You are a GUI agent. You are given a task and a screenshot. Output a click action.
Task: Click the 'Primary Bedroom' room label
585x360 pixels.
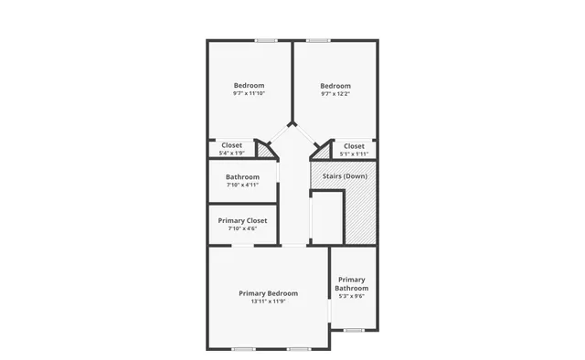point(269,293)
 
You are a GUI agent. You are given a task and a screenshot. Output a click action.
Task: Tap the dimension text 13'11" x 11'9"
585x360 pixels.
point(269,302)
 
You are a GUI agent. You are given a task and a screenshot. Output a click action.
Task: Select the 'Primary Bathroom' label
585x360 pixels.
point(352,284)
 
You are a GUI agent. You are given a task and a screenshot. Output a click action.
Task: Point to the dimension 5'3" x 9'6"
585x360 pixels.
point(352,296)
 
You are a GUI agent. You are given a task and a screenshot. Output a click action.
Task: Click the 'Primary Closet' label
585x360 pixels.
point(242,220)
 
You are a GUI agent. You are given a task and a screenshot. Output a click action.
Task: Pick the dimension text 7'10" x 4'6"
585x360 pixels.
point(242,228)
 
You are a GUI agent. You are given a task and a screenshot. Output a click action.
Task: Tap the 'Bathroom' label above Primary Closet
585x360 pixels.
point(243,176)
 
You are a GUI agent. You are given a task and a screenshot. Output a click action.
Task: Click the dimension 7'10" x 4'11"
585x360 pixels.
point(243,185)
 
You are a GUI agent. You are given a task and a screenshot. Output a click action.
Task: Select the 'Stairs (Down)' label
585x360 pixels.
point(345,175)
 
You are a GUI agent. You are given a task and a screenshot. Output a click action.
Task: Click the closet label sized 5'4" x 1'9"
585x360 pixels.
point(232,145)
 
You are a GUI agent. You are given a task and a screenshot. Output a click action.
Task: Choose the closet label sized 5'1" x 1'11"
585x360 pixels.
point(354,146)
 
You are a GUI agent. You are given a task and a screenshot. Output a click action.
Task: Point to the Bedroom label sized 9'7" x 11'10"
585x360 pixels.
point(249,85)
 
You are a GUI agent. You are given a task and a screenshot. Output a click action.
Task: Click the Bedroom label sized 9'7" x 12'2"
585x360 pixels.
point(335,85)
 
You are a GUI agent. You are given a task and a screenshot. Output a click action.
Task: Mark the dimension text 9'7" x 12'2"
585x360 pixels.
point(335,93)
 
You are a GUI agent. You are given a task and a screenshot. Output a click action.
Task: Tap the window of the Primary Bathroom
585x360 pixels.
point(353,330)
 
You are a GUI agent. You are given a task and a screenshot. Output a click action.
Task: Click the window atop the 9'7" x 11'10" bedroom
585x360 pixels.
point(266,40)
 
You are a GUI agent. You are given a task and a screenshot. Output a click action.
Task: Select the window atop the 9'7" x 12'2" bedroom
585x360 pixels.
point(318,40)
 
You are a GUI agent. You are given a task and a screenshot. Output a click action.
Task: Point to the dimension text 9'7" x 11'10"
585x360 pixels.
point(249,93)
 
